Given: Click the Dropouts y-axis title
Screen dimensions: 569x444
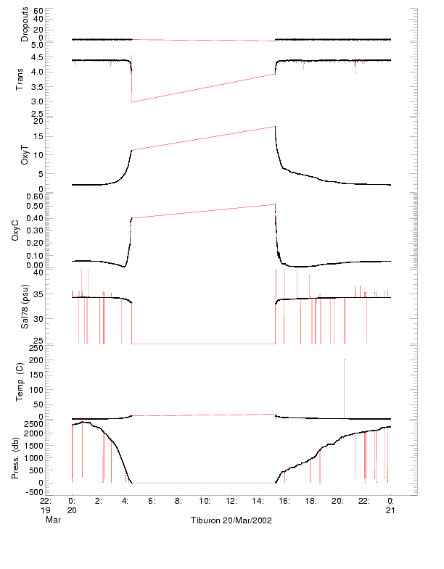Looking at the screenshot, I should pos(25,25).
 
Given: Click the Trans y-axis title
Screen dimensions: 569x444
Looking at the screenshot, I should pos(20,78).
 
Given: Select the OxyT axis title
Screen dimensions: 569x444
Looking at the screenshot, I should pos(25,155).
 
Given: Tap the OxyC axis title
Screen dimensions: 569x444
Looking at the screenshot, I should pos(25,230).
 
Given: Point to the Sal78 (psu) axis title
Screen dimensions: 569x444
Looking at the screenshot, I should pos(25,307).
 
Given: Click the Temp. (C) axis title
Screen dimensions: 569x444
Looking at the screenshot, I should pos(20,381).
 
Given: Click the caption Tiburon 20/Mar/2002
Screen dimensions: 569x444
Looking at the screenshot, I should pos(231,520).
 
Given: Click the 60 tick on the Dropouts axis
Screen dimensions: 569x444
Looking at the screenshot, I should pos(38,12).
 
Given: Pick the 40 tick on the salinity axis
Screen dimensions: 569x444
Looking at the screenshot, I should pos(38,273).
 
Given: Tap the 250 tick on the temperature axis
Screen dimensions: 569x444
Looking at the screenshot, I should pos(36,349).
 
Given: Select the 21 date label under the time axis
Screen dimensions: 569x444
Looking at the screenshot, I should pos(390,510).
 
